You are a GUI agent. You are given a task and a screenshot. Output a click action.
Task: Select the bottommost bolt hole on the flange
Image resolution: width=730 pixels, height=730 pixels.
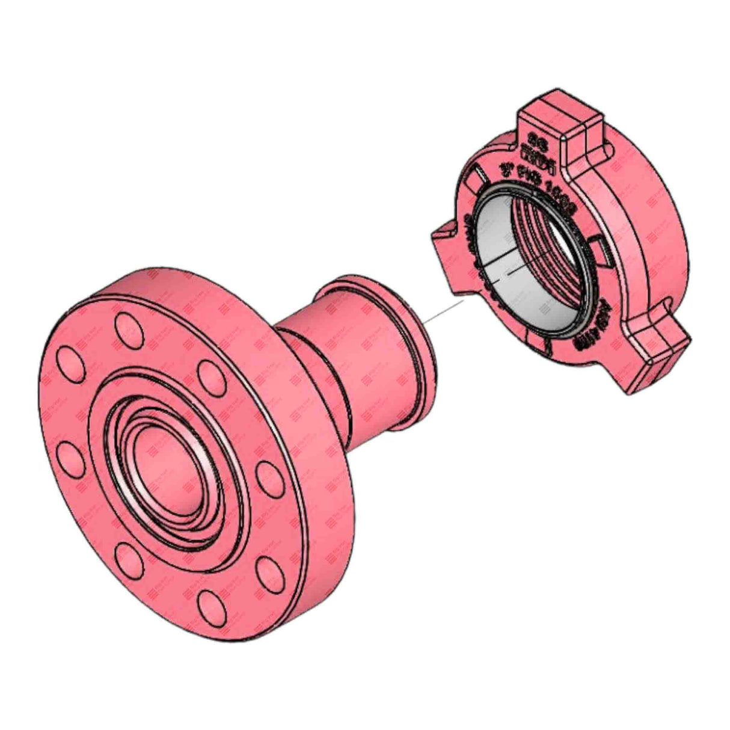(x=207, y=604)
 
